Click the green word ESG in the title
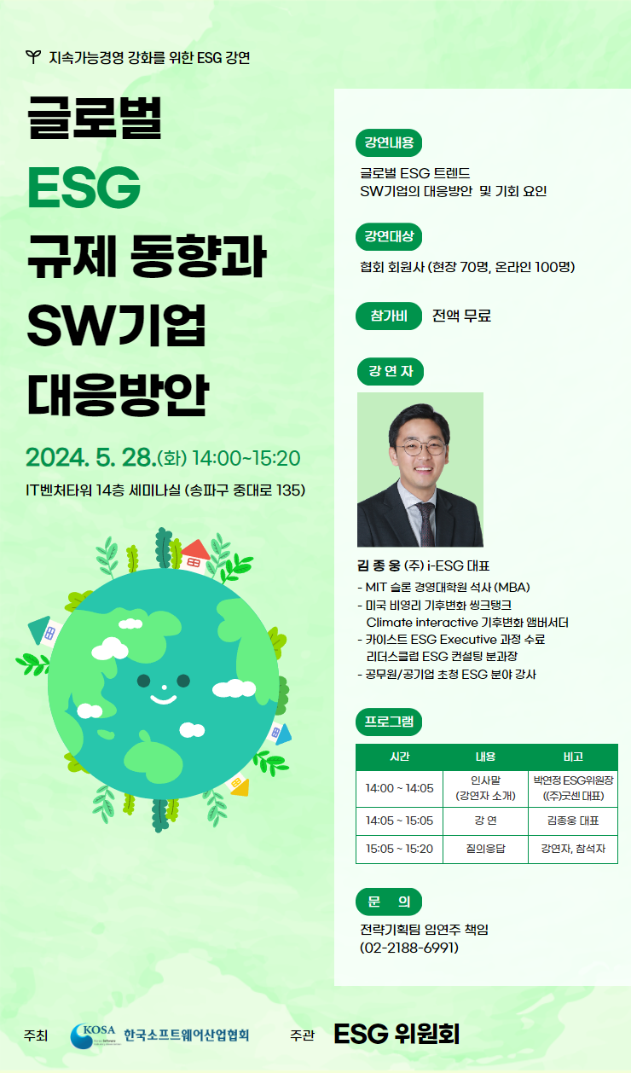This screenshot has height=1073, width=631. [x=84, y=188]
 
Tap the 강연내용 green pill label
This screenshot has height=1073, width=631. [x=389, y=142]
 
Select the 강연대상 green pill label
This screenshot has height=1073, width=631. [x=389, y=236]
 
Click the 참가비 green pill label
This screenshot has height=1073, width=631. [x=389, y=316]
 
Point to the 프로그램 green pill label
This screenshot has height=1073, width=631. [x=389, y=722]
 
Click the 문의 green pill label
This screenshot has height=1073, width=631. [x=389, y=902]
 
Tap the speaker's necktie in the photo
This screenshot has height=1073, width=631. [x=426, y=524]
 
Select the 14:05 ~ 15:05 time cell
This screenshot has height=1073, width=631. [x=399, y=821]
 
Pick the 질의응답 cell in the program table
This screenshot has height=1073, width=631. [x=485, y=849]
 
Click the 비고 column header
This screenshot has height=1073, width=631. [x=573, y=757]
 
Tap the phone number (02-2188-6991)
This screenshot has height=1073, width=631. [x=409, y=948]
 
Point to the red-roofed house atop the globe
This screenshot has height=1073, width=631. [x=195, y=555]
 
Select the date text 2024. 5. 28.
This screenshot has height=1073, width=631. [x=91, y=457]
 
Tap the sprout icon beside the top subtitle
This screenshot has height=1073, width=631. [x=33, y=57]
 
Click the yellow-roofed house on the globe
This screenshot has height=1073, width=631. [x=239, y=785]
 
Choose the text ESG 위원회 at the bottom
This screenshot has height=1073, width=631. [x=397, y=1034]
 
